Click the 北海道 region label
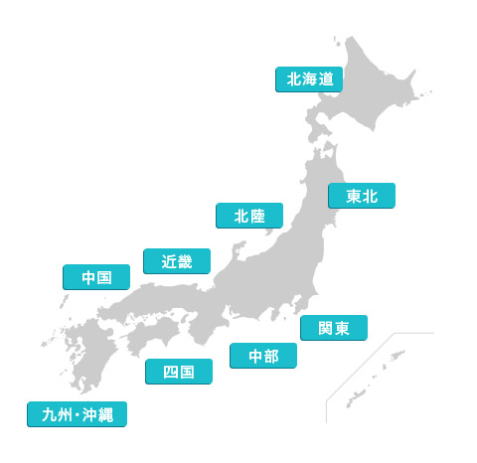pos(308,78)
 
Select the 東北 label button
pos(362,196)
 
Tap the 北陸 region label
pos(249,216)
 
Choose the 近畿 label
pos(177,261)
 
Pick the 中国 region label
pos(95,278)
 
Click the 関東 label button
pos(334,328)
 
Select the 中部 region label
pos(263,356)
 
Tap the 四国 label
pos(178,373)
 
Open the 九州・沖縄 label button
pos(78,414)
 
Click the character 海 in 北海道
pos(309,78)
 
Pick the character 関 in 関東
pos(324,328)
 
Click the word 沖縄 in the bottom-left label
pos(100,414)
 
